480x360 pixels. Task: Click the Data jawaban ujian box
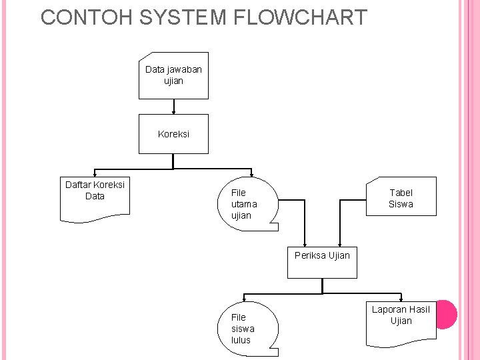click(x=173, y=75)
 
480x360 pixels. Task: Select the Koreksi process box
click(x=173, y=134)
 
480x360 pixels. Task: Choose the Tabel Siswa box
click(x=401, y=197)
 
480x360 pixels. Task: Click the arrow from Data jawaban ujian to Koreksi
click(x=173, y=107)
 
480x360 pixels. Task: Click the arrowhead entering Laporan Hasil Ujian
click(x=401, y=298)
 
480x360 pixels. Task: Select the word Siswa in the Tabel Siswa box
click(x=401, y=204)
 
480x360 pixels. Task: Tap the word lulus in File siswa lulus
click(x=241, y=340)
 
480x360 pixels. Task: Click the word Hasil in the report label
click(x=419, y=309)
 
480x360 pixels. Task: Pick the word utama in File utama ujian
click(x=244, y=204)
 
